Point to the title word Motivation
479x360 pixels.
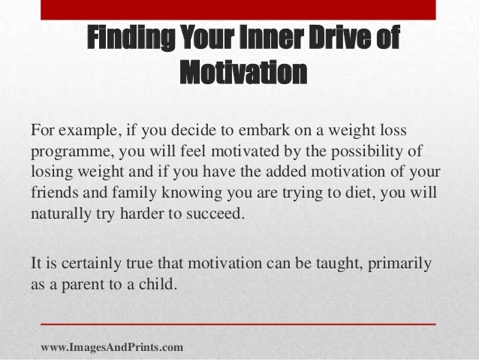click(x=244, y=74)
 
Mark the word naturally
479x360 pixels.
click(x=61, y=212)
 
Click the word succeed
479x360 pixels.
click(x=218, y=212)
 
